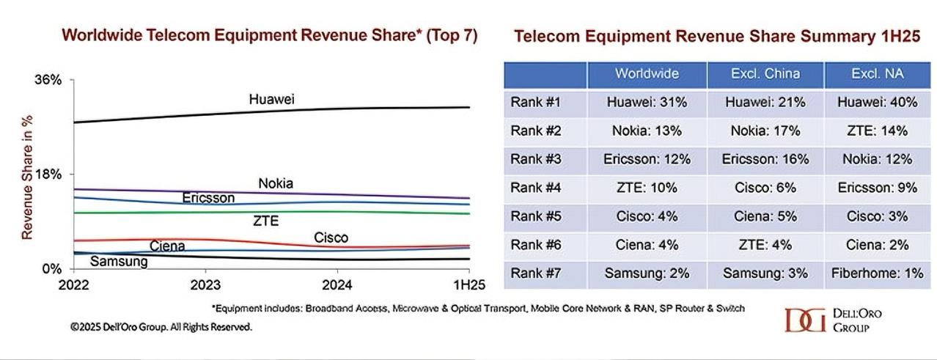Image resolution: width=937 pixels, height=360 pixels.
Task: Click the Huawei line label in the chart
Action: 271,100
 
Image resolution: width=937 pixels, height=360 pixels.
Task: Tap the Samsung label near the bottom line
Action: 119,261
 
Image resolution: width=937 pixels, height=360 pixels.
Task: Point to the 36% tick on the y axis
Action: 48,80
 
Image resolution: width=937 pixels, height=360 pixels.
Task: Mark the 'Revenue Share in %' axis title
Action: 27,175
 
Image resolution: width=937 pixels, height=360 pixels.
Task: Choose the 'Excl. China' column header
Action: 765,74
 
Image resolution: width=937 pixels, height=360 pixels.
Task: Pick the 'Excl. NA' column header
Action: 877,74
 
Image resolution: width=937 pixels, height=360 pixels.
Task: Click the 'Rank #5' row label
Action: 535,216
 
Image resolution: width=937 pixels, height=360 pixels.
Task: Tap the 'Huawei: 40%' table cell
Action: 877,103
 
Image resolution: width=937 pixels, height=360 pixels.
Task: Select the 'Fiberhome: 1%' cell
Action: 877,273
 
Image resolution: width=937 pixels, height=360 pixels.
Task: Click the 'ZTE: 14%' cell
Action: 877,131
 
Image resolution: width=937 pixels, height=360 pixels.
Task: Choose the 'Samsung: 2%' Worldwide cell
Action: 647,273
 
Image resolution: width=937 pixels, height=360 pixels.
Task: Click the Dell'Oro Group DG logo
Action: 804,320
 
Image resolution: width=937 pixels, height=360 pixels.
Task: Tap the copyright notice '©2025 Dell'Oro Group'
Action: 161,327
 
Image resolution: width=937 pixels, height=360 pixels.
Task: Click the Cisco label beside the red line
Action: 331,238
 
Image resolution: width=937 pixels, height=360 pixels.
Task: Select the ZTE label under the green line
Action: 265,221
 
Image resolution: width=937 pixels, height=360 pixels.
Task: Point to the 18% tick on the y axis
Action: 48,175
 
